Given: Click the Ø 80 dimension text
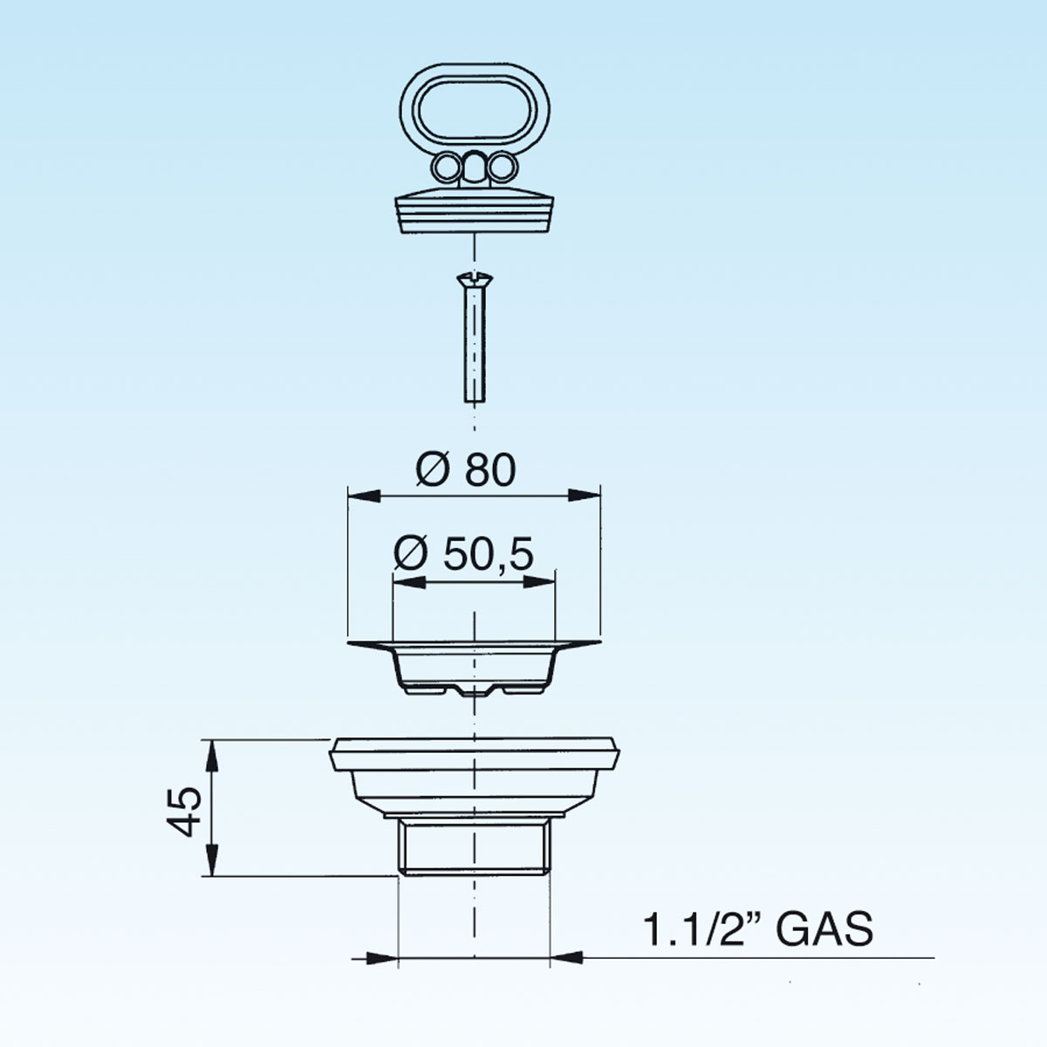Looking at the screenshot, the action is (x=466, y=469).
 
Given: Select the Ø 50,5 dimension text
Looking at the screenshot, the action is (x=464, y=554).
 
